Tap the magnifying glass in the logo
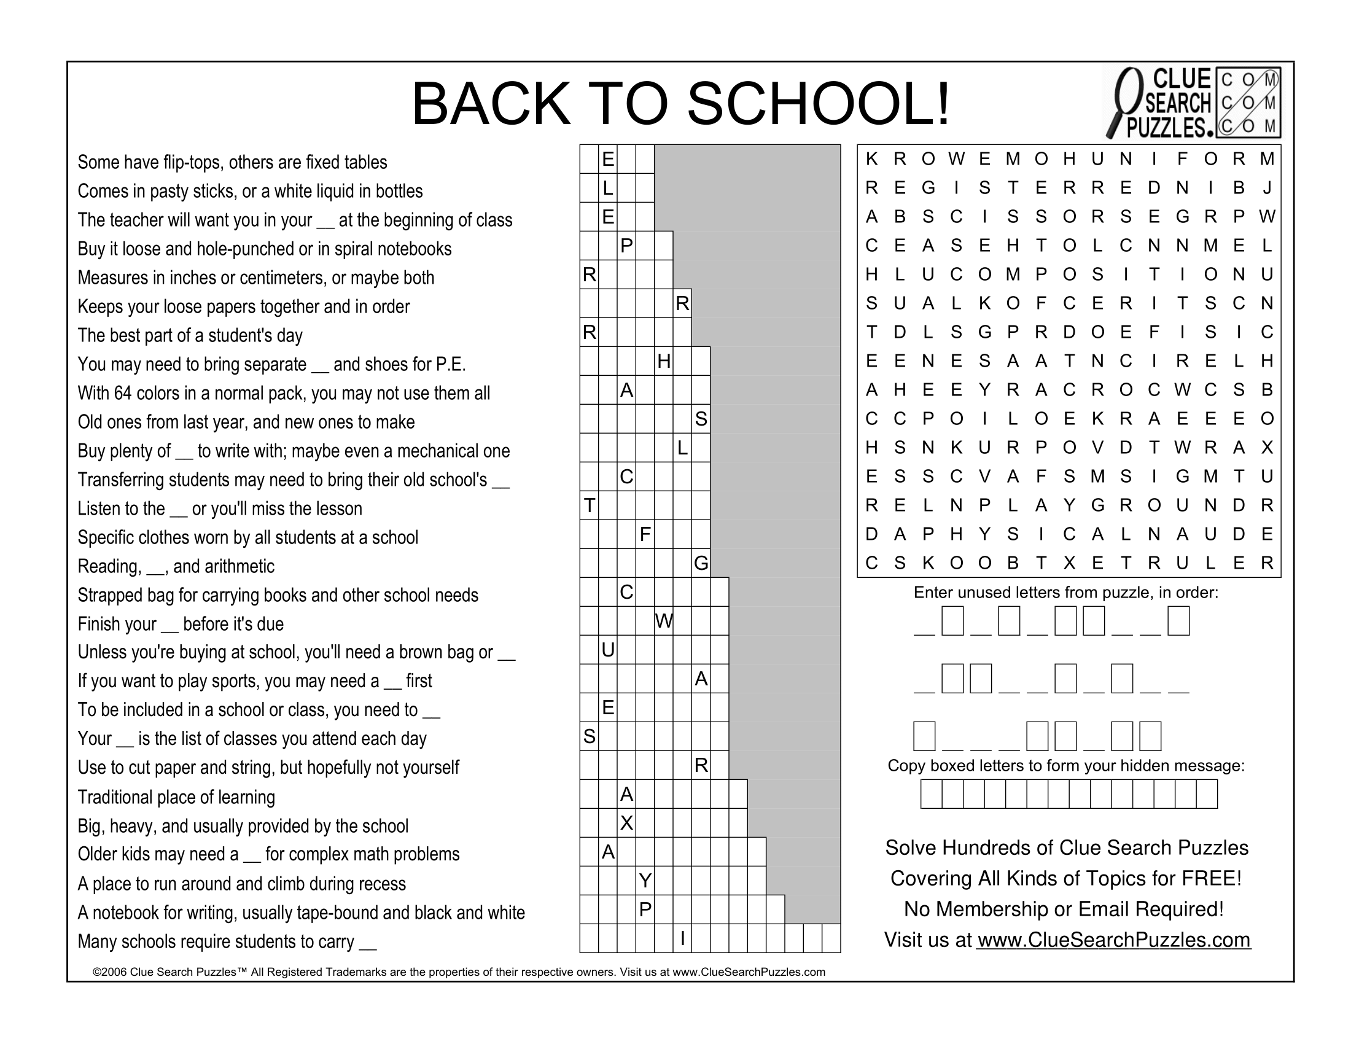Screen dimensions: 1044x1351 1121,102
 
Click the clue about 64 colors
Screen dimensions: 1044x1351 283,394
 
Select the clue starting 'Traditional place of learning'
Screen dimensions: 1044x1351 176,797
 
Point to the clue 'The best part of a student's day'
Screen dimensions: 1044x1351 190,335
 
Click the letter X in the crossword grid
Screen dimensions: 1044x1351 626,823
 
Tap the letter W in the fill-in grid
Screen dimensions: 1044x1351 664,621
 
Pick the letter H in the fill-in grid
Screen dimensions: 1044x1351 664,361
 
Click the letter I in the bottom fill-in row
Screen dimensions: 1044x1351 682,939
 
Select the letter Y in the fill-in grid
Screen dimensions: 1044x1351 645,881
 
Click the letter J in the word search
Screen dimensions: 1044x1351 1267,188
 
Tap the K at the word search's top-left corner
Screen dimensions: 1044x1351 871,160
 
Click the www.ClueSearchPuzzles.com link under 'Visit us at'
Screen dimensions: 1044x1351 1113,940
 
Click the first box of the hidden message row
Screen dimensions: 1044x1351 931,794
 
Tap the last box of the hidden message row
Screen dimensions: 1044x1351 1207,794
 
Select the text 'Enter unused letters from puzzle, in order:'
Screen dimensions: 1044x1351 1066,593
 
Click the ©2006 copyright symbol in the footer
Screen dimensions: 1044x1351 96,972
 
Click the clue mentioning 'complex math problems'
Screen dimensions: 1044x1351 268,854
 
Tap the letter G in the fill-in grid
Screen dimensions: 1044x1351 701,563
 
